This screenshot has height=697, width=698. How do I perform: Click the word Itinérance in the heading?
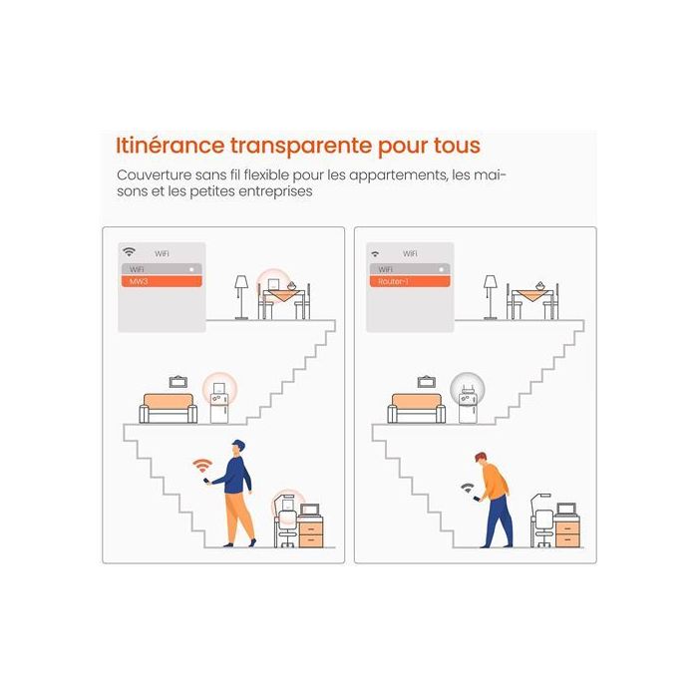click(x=171, y=146)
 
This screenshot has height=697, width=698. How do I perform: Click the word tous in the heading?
click(x=457, y=146)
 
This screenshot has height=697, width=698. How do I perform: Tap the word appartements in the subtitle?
click(x=398, y=175)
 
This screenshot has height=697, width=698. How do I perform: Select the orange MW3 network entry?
click(x=162, y=281)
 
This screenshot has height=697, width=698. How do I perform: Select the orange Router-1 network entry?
click(x=410, y=281)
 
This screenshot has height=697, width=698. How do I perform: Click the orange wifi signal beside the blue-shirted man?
click(x=202, y=465)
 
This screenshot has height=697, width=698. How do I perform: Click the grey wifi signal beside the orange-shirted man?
click(x=468, y=488)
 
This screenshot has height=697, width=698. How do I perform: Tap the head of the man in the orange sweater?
click(x=481, y=459)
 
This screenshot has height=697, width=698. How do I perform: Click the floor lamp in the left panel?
click(x=241, y=297)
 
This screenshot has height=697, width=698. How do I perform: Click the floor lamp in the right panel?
click(x=491, y=297)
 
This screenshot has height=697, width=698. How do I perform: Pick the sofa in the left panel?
click(x=169, y=408)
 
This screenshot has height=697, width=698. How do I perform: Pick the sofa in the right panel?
click(x=416, y=408)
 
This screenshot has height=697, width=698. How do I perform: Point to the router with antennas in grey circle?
click(x=467, y=390)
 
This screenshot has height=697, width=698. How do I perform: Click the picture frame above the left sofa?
click(x=178, y=382)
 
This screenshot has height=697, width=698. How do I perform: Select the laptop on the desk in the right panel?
click(x=565, y=510)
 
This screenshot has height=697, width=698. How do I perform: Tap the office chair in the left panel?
click(x=287, y=528)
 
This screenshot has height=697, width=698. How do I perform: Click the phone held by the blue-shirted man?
click(x=206, y=481)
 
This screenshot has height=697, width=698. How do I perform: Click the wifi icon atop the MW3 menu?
click(x=129, y=252)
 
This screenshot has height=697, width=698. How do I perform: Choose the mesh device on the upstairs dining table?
click(x=274, y=284)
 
